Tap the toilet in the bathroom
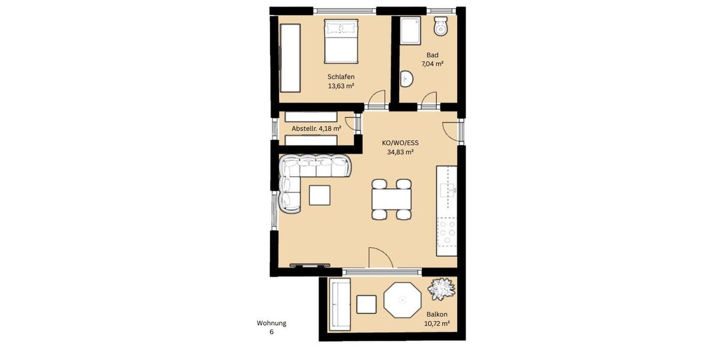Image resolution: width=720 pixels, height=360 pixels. click(441, 26)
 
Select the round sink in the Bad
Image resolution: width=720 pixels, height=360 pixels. click(407, 79)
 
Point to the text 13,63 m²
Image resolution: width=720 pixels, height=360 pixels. click(341, 86)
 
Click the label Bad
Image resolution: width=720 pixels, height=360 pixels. click(432, 55)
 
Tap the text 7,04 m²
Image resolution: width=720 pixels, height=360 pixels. click(432, 64)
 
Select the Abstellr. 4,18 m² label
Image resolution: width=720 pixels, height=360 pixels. click(316, 128)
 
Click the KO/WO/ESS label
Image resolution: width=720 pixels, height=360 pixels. click(400, 143)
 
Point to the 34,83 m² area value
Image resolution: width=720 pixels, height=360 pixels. click(400, 152)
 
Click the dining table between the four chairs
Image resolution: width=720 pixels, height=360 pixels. click(392, 199)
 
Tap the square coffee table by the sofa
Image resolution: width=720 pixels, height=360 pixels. click(319, 195)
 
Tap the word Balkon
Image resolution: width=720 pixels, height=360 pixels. click(437, 314)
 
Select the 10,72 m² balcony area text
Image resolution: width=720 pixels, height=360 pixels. click(437, 323)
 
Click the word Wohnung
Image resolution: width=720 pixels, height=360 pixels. click(271, 323)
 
